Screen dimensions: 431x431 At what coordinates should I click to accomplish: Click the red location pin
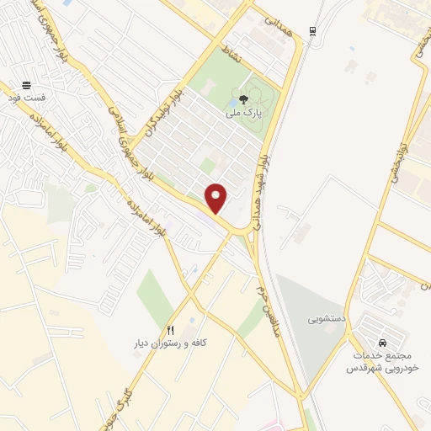(x=216, y=198)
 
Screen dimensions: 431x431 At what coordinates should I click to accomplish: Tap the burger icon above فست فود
(x=27, y=85)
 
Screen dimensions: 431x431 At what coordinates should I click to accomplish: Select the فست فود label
(x=27, y=98)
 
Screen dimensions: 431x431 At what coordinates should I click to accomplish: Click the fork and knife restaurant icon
(x=170, y=330)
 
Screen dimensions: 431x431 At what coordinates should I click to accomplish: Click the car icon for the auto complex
(x=383, y=343)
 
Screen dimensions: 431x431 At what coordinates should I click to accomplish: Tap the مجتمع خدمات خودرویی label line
(x=383, y=357)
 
